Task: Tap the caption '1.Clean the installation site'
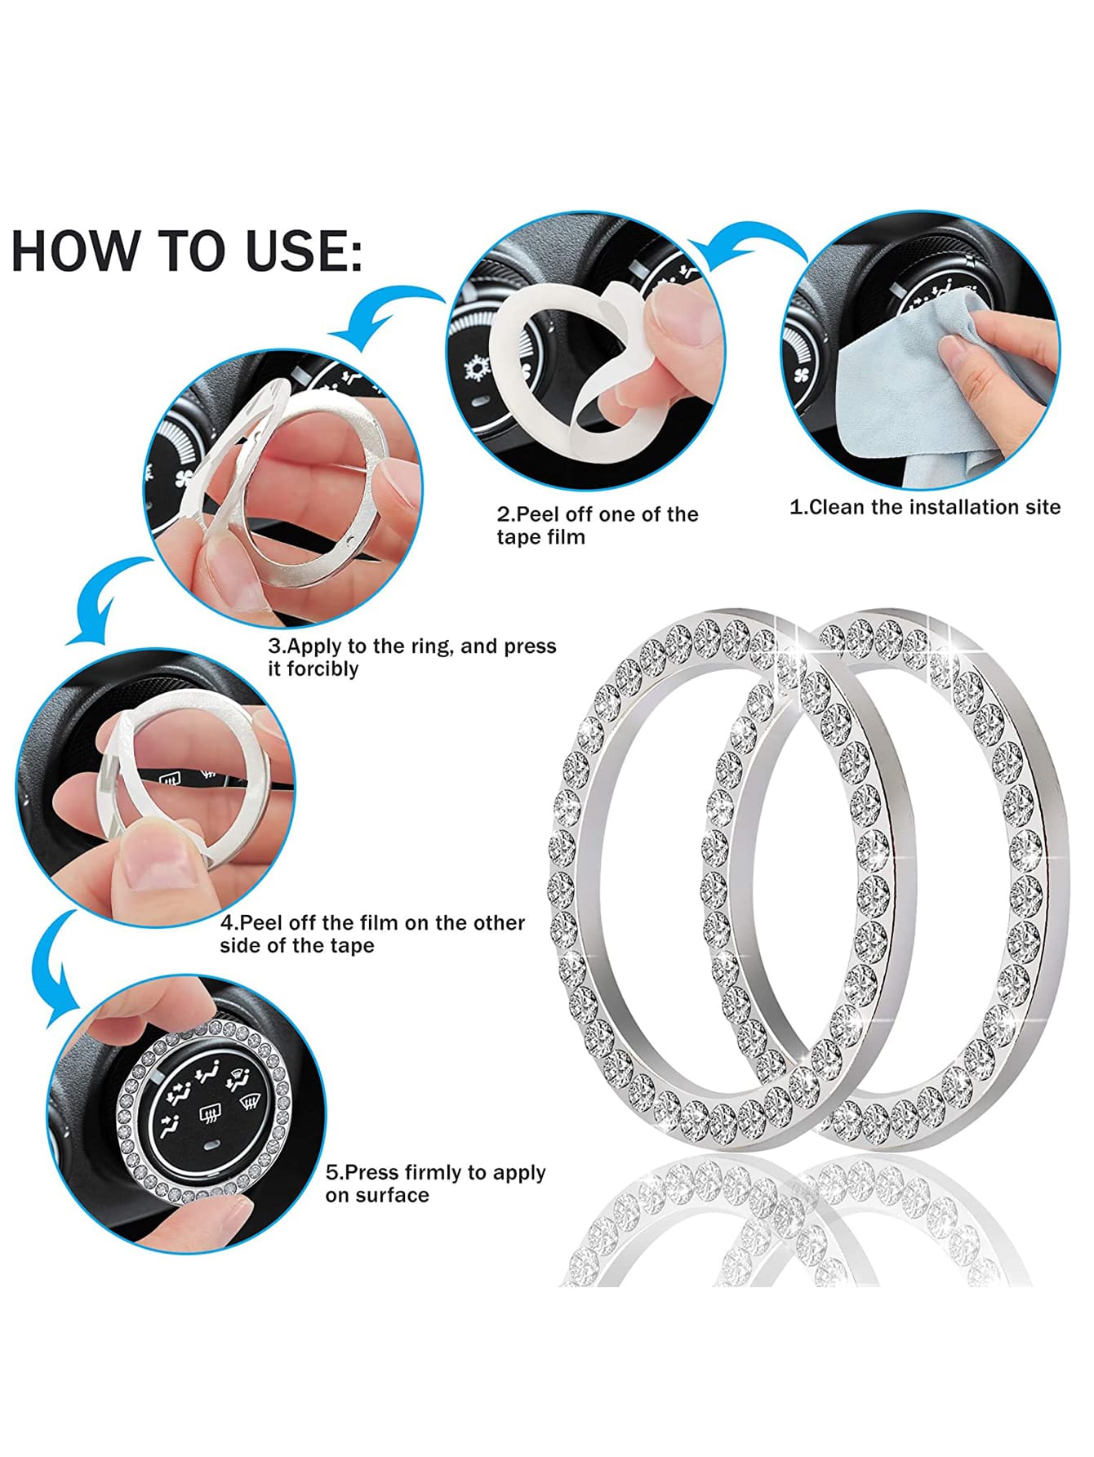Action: coord(925,507)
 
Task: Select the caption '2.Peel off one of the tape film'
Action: coord(598,526)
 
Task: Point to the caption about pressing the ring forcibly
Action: coord(412,657)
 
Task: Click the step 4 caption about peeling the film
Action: coord(372,934)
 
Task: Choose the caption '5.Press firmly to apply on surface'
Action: coord(435,1184)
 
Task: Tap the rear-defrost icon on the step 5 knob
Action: coord(211,1112)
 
